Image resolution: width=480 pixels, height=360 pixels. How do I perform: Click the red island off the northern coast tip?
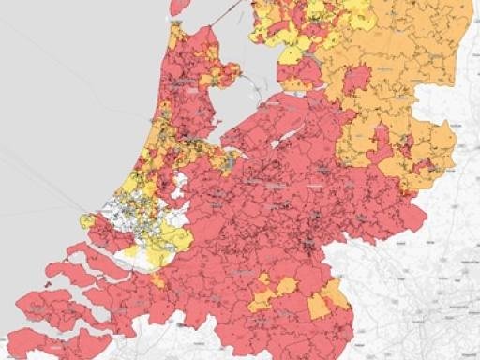pos(179,7)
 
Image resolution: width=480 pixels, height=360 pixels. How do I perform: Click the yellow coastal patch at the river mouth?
pos(89,221)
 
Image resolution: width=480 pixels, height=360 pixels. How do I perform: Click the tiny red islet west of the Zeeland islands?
pos(47,281)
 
